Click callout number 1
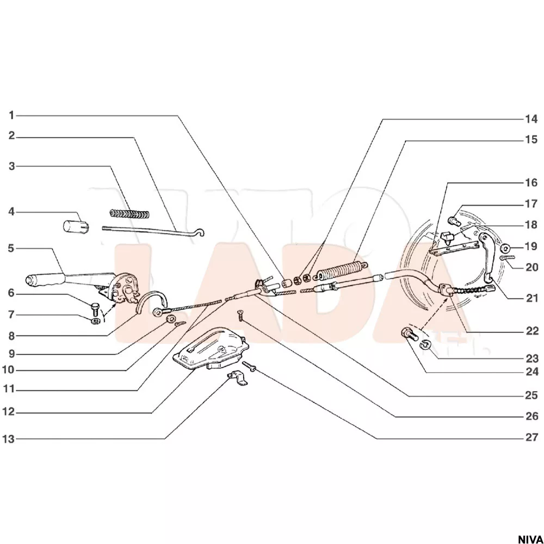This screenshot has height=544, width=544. click(11, 115)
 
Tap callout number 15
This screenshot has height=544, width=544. click(531, 140)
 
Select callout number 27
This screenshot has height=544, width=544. click(531, 437)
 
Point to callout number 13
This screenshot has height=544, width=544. click(9, 439)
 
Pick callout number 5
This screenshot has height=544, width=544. click(11, 249)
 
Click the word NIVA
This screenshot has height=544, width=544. click(530, 539)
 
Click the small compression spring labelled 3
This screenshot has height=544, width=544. click(129, 214)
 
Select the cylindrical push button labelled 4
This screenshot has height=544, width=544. click(76, 226)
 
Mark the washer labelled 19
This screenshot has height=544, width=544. click(505, 249)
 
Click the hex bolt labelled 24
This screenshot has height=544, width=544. click(410, 334)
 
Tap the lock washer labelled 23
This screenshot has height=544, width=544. click(426, 344)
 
